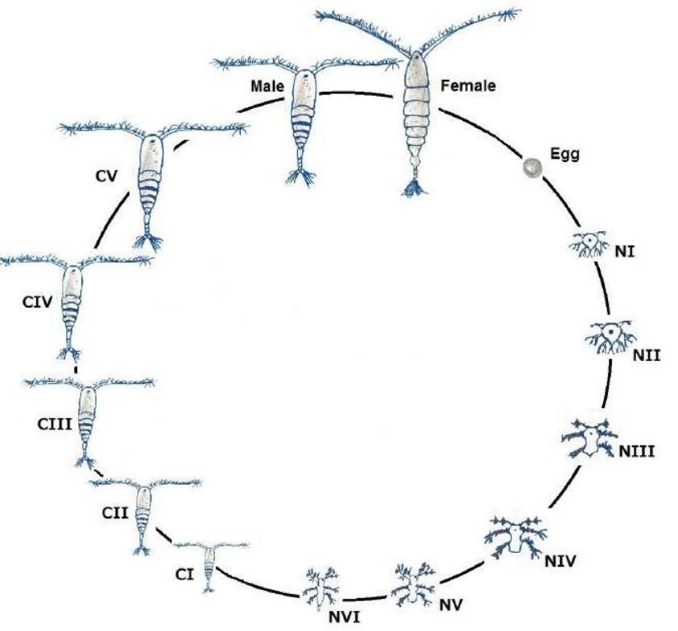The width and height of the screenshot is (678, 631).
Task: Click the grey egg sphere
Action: point(531,167)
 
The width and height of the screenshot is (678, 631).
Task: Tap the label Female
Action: point(469,84)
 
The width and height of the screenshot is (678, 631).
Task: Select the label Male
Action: point(266,85)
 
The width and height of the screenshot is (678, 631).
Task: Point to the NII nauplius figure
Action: point(608,337)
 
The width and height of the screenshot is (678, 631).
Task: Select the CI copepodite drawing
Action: point(211,564)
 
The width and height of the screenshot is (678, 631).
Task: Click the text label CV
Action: point(105,173)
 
